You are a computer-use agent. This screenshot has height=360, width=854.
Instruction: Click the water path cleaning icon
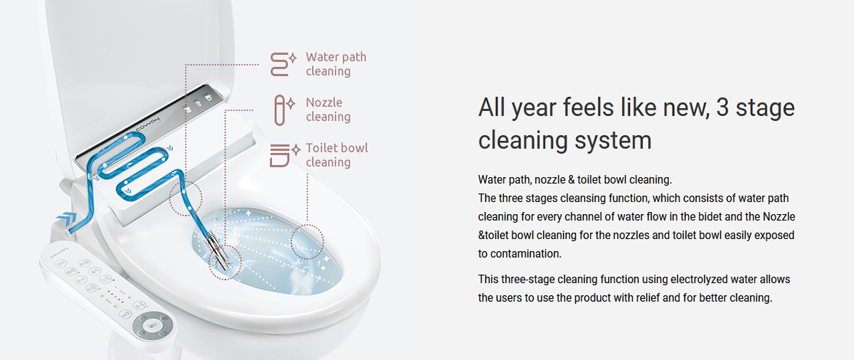pyautogui.click(x=283, y=64)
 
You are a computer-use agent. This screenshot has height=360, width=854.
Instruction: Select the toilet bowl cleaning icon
pyautogui.click(x=285, y=155)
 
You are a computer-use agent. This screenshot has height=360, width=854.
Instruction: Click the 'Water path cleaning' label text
pyautogui.click(x=336, y=64)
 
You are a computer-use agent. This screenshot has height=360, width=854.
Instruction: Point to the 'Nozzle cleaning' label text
pyautogui.click(x=328, y=110)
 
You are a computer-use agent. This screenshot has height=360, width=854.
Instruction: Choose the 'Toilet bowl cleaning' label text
pyautogui.click(x=337, y=155)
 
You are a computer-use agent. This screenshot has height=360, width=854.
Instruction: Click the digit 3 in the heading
pyautogui.click(x=722, y=108)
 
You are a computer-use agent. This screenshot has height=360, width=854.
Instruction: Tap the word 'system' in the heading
pyautogui.click(x=613, y=141)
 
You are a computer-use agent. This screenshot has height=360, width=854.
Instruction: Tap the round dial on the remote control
pyautogui.click(x=152, y=326)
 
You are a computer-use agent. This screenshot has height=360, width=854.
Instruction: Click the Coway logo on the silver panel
pyautogui.click(x=148, y=126)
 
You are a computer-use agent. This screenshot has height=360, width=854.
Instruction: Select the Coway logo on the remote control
pyautogui.click(x=58, y=254)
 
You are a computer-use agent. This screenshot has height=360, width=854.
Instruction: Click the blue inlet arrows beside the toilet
pyautogui.click(x=67, y=220)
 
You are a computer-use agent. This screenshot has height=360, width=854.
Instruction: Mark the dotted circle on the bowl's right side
pyautogui.click(x=307, y=242)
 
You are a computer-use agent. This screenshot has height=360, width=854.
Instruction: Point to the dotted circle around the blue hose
pyautogui.click(x=186, y=198)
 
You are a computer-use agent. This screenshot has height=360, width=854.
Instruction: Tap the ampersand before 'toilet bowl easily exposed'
pyautogui.click(x=482, y=235)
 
